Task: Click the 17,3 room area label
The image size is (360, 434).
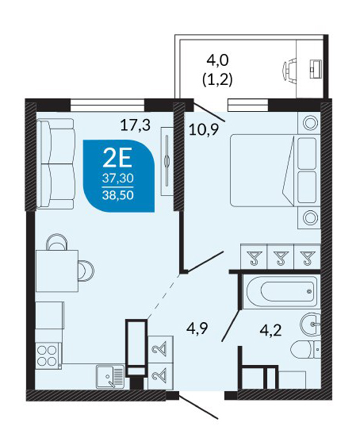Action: click(x=136, y=125)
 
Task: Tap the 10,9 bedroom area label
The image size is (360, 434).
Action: click(x=204, y=129)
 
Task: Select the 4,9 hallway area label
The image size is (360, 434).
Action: click(x=197, y=328)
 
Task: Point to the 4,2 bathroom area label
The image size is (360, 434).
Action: click(x=271, y=330)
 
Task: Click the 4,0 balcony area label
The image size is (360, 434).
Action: click(x=217, y=60)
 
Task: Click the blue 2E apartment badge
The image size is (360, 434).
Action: click(x=118, y=176)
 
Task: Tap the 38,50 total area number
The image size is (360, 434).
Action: click(x=118, y=195)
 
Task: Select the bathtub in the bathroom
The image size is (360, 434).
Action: click(x=281, y=292)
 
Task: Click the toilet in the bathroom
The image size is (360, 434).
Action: click(x=305, y=350)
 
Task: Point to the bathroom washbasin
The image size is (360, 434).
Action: click(x=311, y=324)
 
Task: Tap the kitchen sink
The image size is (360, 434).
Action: click(x=110, y=376)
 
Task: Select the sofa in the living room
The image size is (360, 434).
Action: click(x=56, y=163)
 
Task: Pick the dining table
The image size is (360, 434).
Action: click(x=57, y=271)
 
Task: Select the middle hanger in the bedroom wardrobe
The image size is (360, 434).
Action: click(x=280, y=257)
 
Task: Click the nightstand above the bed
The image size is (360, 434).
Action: click(x=309, y=123)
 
